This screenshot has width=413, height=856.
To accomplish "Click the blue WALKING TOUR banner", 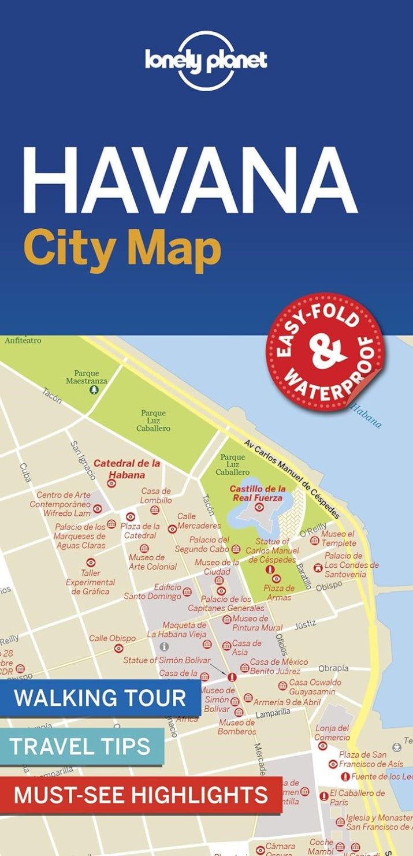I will pyautogui.click(x=100, y=697).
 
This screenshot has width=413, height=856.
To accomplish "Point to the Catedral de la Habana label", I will pyautogui.click(x=126, y=468).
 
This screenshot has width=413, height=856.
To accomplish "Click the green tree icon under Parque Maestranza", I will pyautogui.click(x=94, y=390).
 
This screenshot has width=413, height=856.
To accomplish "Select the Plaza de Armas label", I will pyautogui.click(x=279, y=592).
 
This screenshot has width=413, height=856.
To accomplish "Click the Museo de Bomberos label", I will pyautogui.click(x=237, y=727).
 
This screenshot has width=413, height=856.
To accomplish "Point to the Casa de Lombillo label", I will pyautogui.click(x=156, y=495).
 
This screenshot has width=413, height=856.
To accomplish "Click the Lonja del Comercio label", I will pyautogui.click(x=332, y=732).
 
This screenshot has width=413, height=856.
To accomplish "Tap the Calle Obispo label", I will pyautogui.click(x=112, y=638).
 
